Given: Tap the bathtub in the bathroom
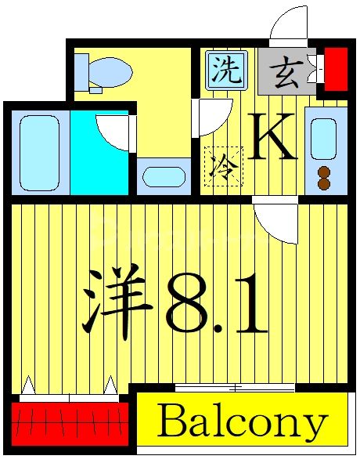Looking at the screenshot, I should point(40,153).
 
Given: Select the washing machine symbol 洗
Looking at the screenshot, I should point(225,70).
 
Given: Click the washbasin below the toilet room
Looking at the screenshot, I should point(164,175).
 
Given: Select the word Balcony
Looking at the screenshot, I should point(241,423).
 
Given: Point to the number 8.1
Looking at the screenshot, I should point(214,301).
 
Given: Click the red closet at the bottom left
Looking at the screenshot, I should point(70,423).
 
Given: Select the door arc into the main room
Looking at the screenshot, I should point(274,223).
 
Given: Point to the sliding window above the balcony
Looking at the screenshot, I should point(234,388).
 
